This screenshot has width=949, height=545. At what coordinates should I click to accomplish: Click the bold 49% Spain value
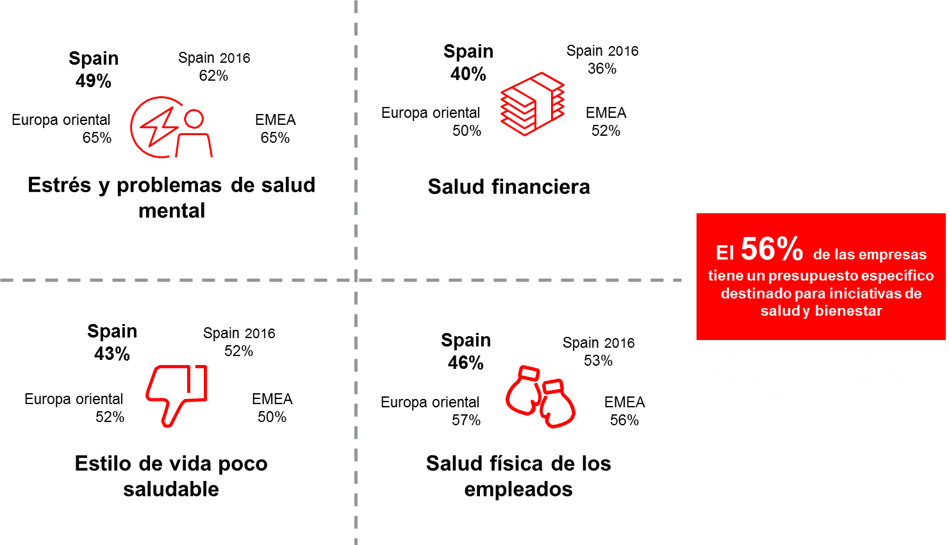coord(93,81)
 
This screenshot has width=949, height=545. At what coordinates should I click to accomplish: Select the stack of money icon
coord(532,104)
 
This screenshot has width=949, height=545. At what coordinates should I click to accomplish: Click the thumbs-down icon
coord(176,396)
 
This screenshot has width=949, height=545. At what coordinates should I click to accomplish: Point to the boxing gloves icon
coord(540,397)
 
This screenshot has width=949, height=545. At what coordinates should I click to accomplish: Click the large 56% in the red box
coord(772,249)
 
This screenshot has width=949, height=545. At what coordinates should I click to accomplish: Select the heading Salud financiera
coord(508,187)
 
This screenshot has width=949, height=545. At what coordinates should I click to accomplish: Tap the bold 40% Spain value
coord(468,74)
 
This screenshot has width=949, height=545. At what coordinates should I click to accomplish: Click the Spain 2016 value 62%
coord(213,76)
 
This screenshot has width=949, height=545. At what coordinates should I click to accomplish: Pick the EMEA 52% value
coord(606,131)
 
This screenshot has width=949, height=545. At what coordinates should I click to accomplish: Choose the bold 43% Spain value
coord(112,354)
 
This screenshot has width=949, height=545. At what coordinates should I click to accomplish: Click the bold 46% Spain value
coord(466,363)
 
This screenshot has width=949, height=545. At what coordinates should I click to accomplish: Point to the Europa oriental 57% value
coord(466,420)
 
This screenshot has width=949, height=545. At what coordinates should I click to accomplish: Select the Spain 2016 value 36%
coord(602,69)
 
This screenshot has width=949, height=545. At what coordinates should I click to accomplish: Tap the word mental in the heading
coord(172,211)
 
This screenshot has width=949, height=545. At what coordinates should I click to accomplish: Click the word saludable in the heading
coord(171,489)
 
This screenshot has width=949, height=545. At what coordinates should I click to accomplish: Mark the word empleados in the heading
coord(518,489)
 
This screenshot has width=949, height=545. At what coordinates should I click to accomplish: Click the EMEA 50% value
coord(272,417)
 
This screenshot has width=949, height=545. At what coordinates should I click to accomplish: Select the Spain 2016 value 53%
coord(598,361)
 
